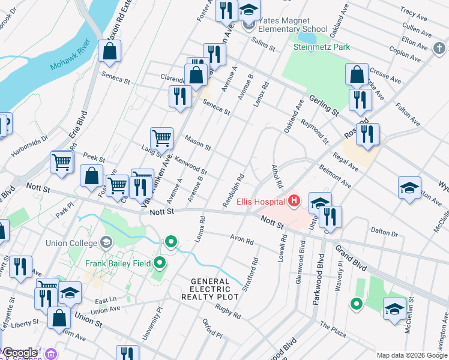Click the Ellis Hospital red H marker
294,200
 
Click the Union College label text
71,243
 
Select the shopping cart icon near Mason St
161,139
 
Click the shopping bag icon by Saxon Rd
110,52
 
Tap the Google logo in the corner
19,353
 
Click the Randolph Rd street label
233,191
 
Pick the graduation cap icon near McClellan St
394,310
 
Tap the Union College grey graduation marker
107,242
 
